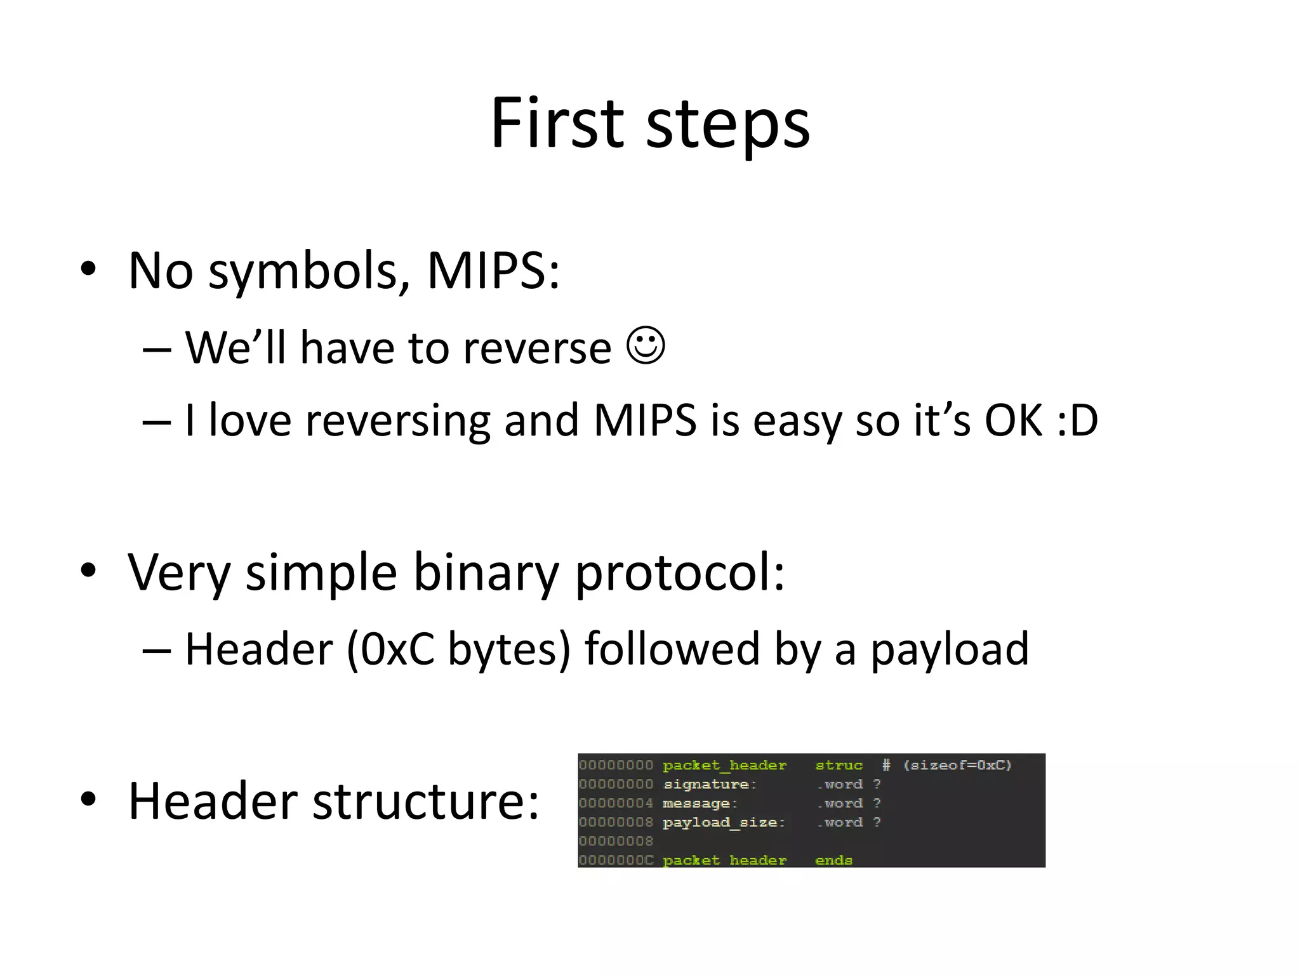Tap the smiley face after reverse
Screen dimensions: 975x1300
(x=646, y=346)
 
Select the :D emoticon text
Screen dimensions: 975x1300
(x=1077, y=420)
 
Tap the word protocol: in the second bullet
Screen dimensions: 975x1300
(x=679, y=573)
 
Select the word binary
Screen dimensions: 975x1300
(x=486, y=573)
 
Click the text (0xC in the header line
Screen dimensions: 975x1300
(x=390, y=649)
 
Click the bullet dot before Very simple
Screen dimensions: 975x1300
(x=88, y=570)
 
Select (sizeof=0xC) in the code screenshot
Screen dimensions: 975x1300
(x=957, y=765)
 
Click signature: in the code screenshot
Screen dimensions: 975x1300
(x=710, y=785)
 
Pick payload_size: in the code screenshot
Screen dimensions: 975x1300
(x=724, y=823)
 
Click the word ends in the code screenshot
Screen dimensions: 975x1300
(x=833, y=860)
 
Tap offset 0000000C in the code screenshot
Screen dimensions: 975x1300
(x=616, y=860)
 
